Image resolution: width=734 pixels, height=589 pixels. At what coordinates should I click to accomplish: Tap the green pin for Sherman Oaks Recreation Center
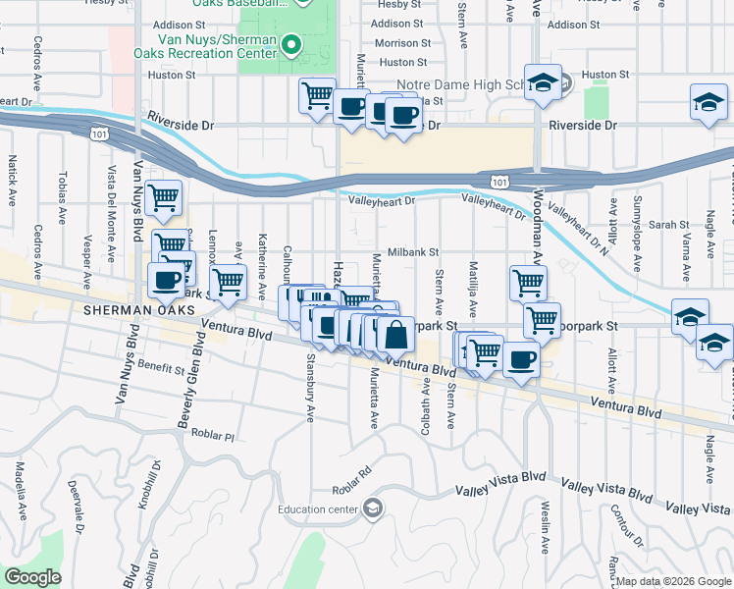290,44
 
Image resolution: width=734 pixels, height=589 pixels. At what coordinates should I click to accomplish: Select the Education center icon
372,508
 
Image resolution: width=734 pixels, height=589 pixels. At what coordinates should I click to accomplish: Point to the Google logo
32,577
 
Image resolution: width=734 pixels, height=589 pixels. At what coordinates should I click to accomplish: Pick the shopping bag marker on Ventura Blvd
394,334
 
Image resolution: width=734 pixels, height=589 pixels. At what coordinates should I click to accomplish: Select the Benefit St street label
162,368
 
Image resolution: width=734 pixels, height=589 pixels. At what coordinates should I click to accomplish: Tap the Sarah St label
670,225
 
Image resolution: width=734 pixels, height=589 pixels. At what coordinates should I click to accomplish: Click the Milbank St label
412,252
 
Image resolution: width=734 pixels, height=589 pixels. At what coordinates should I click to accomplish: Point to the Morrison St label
402,43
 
